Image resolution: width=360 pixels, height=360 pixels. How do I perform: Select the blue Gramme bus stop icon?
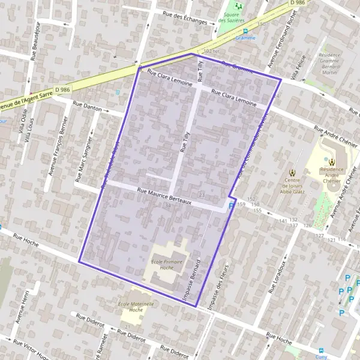(x=245, y=31)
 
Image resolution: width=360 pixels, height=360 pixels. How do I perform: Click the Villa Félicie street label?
(x=298, y=67)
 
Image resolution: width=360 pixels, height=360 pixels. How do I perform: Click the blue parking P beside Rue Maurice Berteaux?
(x=232, y=206)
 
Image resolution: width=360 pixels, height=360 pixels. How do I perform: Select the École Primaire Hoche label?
(x=166, y=266)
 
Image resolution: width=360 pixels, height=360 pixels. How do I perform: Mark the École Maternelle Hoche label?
(x=136, y=307)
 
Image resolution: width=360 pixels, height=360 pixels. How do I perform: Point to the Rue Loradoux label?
(x=278, y=274)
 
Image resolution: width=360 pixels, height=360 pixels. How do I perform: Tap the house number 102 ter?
(x=212, y=52)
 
